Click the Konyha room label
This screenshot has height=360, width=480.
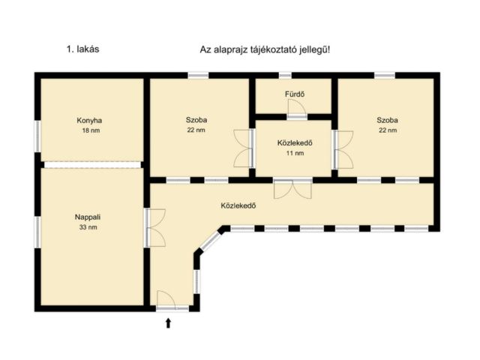89,121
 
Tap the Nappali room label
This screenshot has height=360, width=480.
88,217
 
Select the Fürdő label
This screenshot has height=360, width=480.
295,94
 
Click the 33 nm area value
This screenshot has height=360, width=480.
88,227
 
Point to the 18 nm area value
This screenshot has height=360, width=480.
91,130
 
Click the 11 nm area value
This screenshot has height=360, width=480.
295,153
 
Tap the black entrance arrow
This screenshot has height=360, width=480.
168,323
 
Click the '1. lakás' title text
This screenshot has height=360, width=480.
83,49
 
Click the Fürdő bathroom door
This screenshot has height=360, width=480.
297,109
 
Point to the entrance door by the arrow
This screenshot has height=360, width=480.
166,300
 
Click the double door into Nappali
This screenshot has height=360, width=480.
155,228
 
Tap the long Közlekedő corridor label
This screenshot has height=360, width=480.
238,205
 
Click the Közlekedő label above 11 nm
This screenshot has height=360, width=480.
295,143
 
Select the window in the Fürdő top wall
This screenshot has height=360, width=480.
285,75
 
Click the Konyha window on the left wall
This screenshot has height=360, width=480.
37,136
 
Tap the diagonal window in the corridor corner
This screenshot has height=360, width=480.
210,241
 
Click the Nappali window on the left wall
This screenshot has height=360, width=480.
37,232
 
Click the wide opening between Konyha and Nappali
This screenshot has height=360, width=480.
92,165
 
